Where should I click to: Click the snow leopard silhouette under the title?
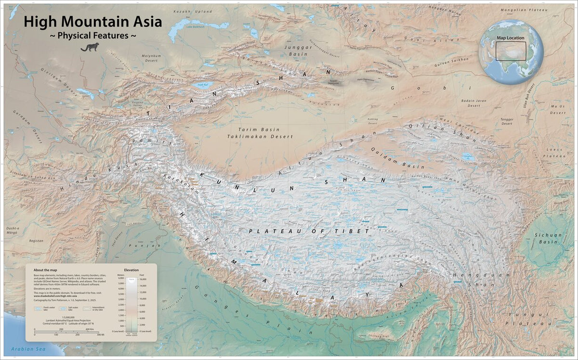tap(90, 47)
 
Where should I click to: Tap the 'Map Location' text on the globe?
tap(511, 38)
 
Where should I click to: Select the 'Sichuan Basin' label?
tap(548, 239)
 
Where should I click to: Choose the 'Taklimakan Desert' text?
tap(260, 137)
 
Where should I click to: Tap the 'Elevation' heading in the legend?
tap(131, 270)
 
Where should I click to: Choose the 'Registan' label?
tap(36, 240)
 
